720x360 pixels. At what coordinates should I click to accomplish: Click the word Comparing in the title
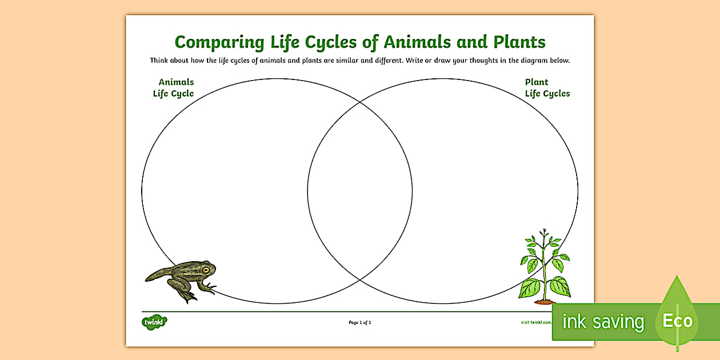[x=211, y=42]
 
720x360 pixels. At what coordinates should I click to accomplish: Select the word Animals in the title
[x=414, y=42]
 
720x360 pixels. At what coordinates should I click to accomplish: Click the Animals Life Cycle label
[x=174, y=88]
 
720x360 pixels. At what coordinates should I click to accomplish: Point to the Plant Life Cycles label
[x=547, y=88]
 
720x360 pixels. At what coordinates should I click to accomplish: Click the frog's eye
[x=205, y=269]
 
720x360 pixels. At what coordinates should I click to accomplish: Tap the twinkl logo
[x=154, y=322]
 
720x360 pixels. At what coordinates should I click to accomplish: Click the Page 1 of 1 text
[x=360, y=323]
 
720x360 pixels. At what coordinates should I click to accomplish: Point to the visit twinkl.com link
[x=536, y=322]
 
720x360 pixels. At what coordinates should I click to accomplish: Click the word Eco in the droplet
[x=678, y=321]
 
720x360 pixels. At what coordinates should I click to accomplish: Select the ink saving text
[x=603, y=322]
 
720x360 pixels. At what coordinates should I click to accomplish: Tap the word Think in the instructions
[x=160, y=61]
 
